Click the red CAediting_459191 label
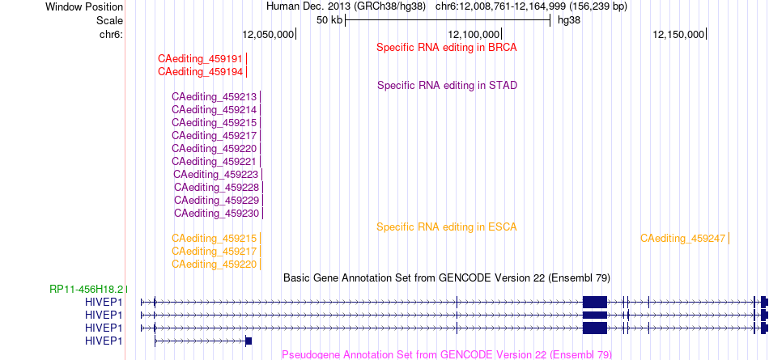(x=200, y=59)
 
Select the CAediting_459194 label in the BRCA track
(x=200, y=72)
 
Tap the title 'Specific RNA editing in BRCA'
(x=447, y=48)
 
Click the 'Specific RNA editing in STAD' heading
(x=448, y=85)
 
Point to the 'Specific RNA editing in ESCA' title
(x=447, y=227)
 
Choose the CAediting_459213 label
(x=214, y=96)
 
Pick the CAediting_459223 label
(x=216, y=174)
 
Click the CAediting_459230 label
(x=216, y=214)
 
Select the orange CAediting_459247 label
(x=682, y=239)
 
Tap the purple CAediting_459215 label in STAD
(x=214, y=123)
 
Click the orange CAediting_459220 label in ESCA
(x=214, y=265)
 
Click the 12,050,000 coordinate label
(x=268, y=34)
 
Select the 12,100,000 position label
(x=474, y=34)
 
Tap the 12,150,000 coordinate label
(x=678, y=34)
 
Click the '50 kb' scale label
(x=329, y=20)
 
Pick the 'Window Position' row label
(x=84, y=7)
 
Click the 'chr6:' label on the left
(x=111, y=34)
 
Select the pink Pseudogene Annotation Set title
(x=447, y=354)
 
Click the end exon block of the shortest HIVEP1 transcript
(x=249, y=341)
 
